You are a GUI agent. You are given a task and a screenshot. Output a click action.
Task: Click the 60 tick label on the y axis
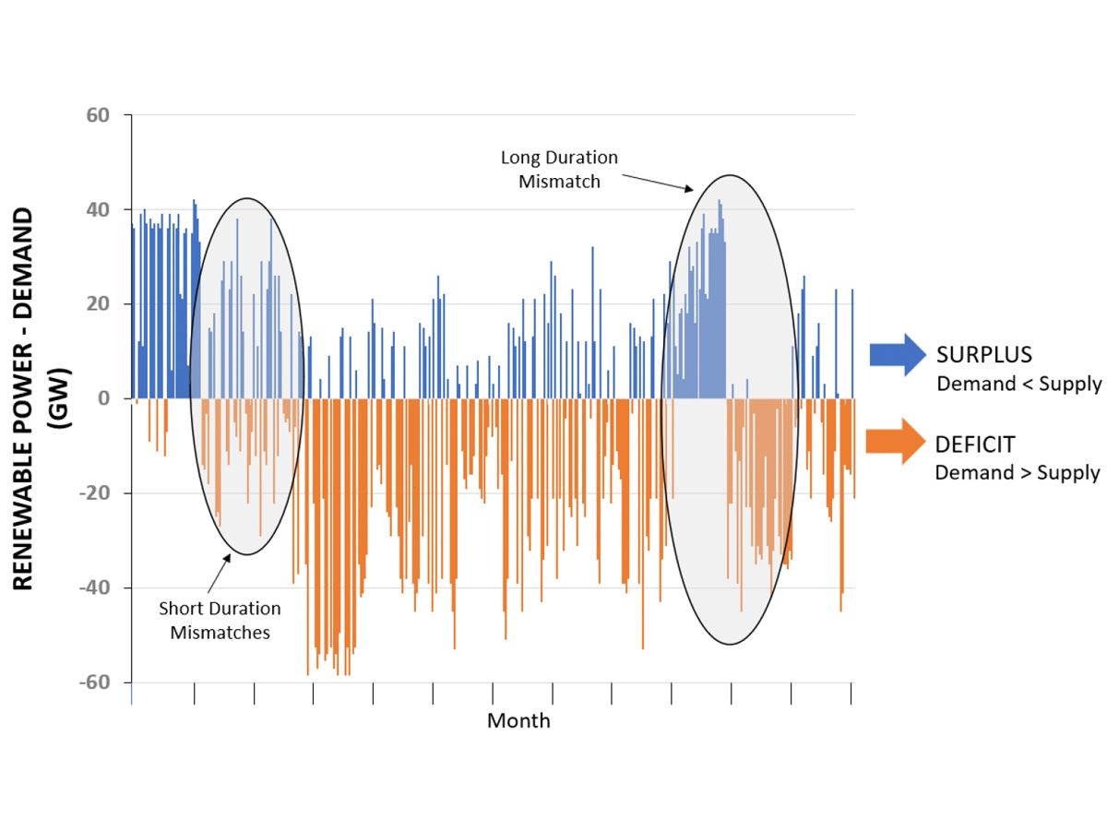point(98,115)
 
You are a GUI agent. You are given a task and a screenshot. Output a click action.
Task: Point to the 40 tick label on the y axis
point(98,209)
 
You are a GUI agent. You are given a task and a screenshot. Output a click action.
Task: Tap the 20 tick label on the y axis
point(98,304)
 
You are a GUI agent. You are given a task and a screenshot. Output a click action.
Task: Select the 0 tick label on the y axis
point(103,398)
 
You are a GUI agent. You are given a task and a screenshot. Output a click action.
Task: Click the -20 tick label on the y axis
point(94,493)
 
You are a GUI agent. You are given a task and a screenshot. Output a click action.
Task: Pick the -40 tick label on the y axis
point(94,587)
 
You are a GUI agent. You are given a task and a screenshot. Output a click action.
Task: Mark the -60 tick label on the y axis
point(94,682)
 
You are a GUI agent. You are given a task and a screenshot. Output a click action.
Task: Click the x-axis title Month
point(518,720)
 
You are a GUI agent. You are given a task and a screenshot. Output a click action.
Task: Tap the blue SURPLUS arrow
point(896,354)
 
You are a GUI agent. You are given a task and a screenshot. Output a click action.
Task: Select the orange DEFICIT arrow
point(896,442)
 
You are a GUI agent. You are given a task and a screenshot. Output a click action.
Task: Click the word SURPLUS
point(983,355)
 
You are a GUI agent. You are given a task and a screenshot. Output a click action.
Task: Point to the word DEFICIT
point(974,445)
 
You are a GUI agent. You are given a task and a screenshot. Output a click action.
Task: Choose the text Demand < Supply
point(1018,384)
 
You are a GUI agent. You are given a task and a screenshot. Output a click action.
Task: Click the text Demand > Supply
point(1017,472)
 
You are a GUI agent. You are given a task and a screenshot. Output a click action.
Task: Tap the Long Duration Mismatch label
point(559,170)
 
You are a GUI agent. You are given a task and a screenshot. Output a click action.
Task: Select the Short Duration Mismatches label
point(220,620)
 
